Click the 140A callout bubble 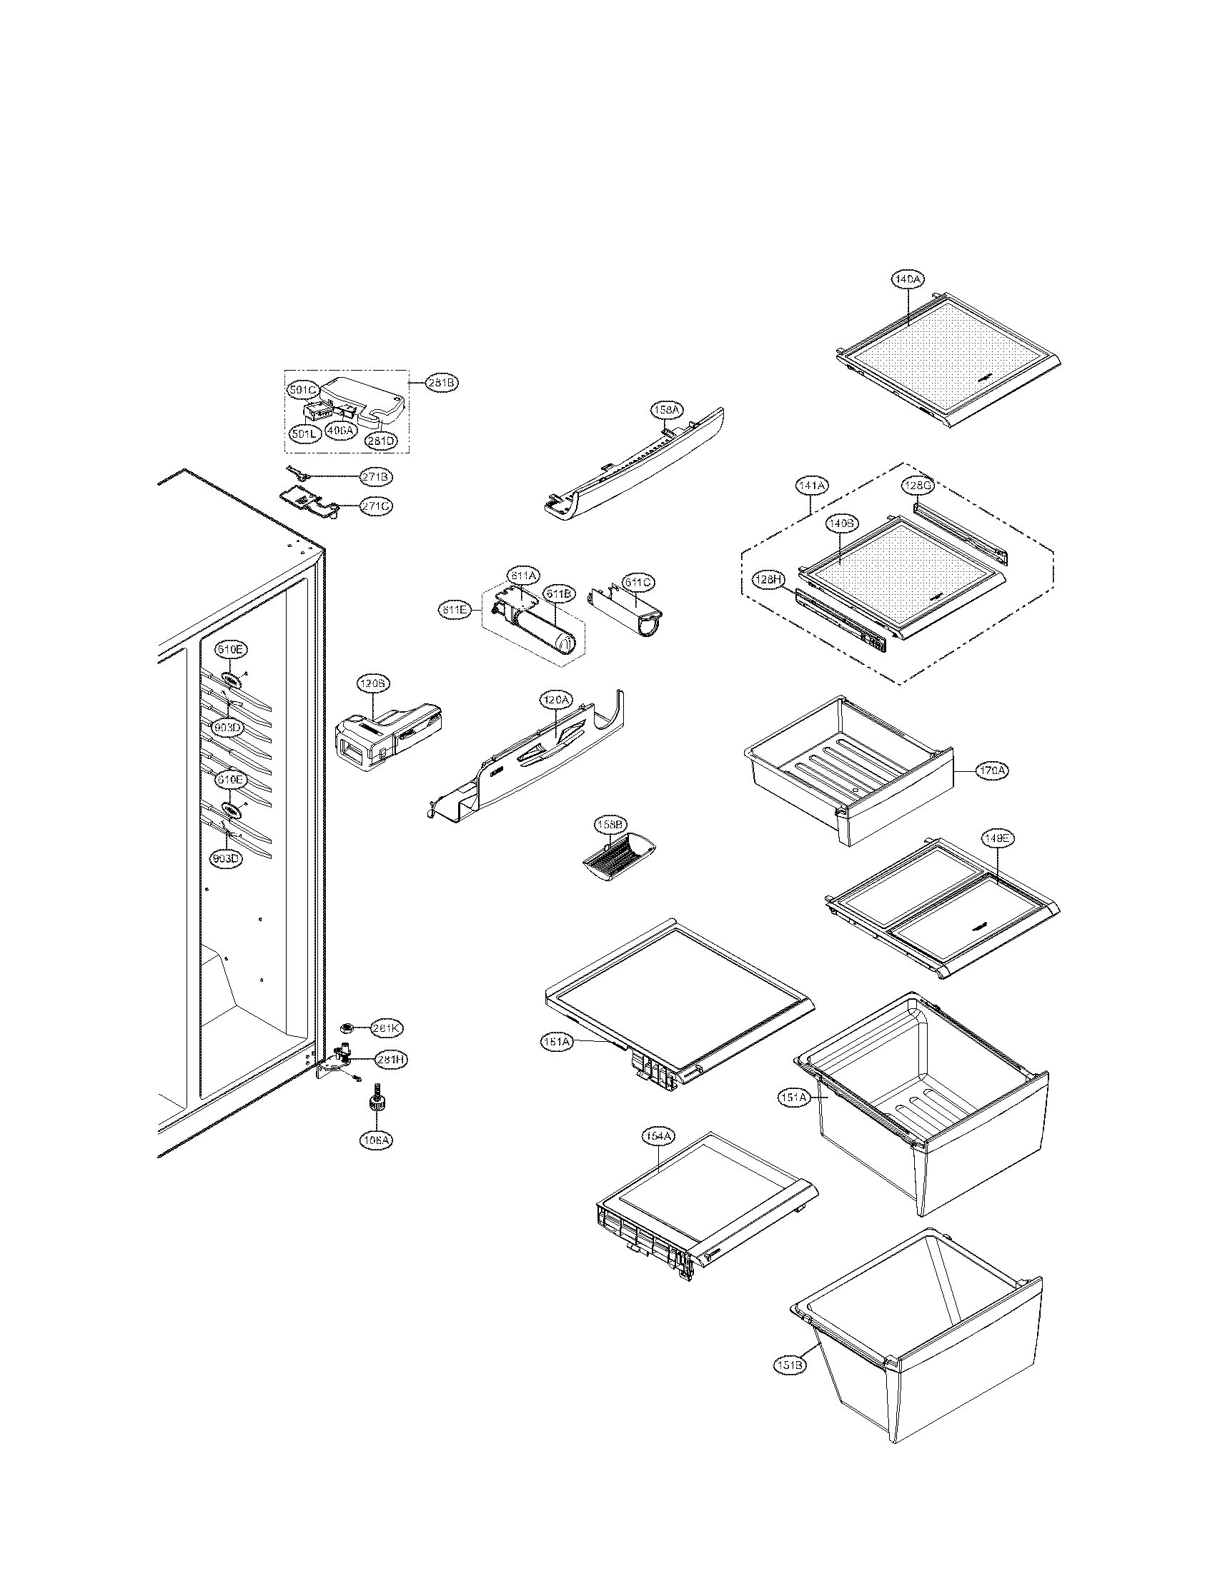pyautogui.click(x=908, y=279)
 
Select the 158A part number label pyautogui.click(x=665, y=411)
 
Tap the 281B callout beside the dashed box pyautogui.click(x=441, y=383)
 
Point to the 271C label pyautogui.click(x=377, y=506)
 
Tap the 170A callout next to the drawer pyautogui.click(x=992, y=771)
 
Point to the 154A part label pyautogui.click(x=659, y=1136)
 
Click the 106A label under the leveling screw pyautogui.click(x=377, y=1140)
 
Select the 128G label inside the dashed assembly pyautogui.click(x=918, y=486)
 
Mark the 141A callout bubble pyautogui.click(x=810, y=486)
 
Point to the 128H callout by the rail pyautogui.click(x=768, y=579)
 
